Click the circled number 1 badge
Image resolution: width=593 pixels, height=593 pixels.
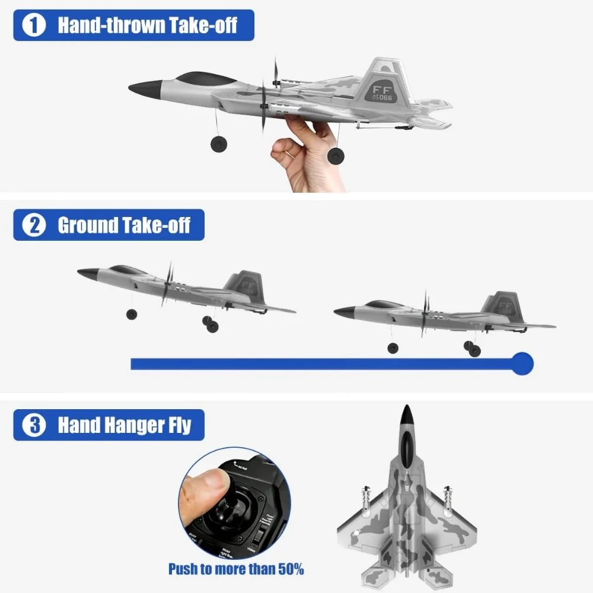(34, 25)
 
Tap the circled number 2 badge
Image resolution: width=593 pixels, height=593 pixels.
(34, 225)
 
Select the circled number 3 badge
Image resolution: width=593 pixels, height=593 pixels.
(34, 425)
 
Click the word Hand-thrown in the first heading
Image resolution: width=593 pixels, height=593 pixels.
(105, 25)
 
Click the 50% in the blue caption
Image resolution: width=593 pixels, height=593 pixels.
(286, 569)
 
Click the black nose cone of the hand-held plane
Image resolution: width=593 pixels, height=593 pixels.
(141, 90)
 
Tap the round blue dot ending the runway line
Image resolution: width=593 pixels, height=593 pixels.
(522, 363)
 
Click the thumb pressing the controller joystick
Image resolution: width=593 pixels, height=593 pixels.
(205, 487)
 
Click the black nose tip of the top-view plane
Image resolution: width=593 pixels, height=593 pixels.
(406, 413)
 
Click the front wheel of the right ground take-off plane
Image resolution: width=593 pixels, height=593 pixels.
(392, 348)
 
